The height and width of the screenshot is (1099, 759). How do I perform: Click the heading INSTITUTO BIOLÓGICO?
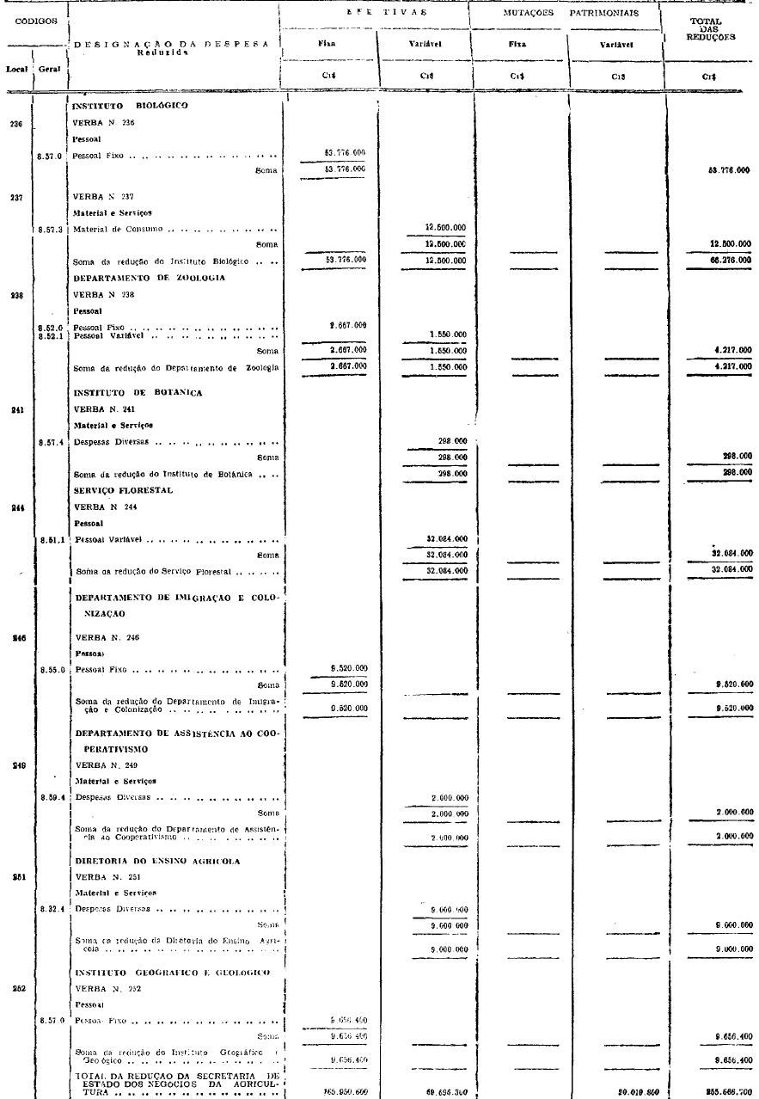[x=131, y=106]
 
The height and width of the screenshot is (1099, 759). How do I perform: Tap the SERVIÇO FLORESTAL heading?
[x=124, y=490]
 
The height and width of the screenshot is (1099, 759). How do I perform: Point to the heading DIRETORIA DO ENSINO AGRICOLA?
[x=157, y=861]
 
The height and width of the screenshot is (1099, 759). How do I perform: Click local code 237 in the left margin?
[x=15, y=196]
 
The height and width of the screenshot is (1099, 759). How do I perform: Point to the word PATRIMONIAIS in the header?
[x=603, y=14]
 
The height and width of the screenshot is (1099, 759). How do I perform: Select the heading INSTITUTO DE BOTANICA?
[x=130, y=392]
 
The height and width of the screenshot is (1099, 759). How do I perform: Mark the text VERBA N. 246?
[x=106, y=638]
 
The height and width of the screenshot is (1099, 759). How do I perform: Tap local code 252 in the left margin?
[x=15, y=988]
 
